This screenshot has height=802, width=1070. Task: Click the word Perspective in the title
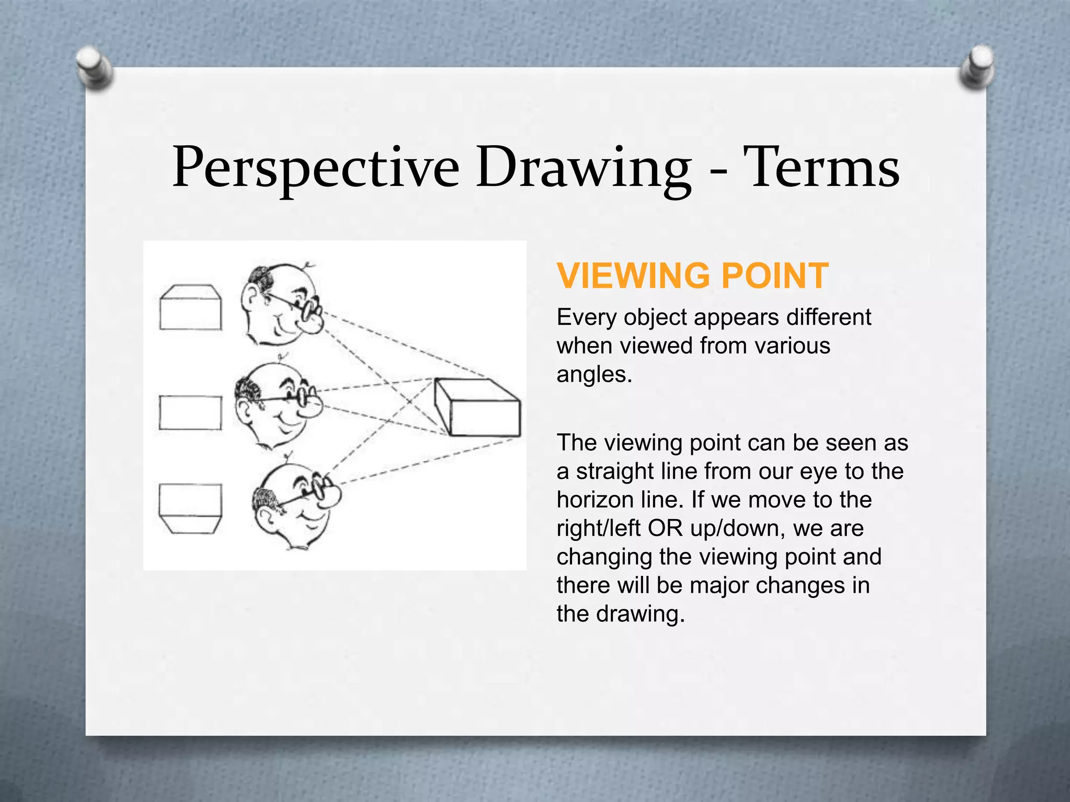[x=316, y=168]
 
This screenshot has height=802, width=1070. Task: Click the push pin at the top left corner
[x=94, y=67]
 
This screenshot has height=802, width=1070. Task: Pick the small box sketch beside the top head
[x=190, y=308]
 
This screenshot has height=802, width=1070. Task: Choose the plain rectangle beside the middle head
[x=190, y=412]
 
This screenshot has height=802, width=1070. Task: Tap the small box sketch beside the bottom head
[x=190, y=509]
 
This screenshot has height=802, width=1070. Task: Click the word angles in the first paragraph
[x=594, y=374]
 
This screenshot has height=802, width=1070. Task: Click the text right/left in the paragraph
[x=598, y=528]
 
